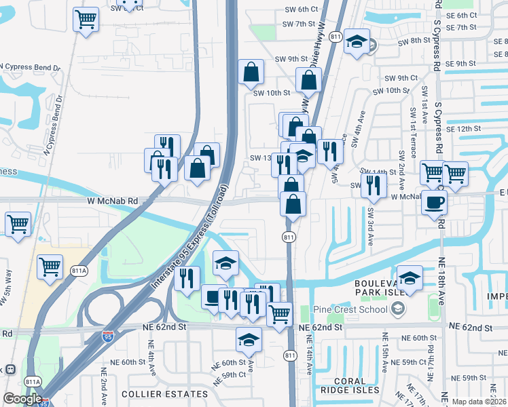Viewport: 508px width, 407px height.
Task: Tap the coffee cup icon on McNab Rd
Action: point(434,201)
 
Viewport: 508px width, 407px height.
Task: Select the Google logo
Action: point(22,399)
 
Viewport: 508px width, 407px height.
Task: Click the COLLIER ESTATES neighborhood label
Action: point(164,393)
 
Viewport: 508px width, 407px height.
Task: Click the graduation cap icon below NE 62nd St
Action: point(249,340)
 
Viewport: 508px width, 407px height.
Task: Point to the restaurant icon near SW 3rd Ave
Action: point(374,185)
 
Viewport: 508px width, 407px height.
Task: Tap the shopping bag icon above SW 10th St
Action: point(251,72)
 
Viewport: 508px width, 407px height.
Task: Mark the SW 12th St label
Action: point(464,128)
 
